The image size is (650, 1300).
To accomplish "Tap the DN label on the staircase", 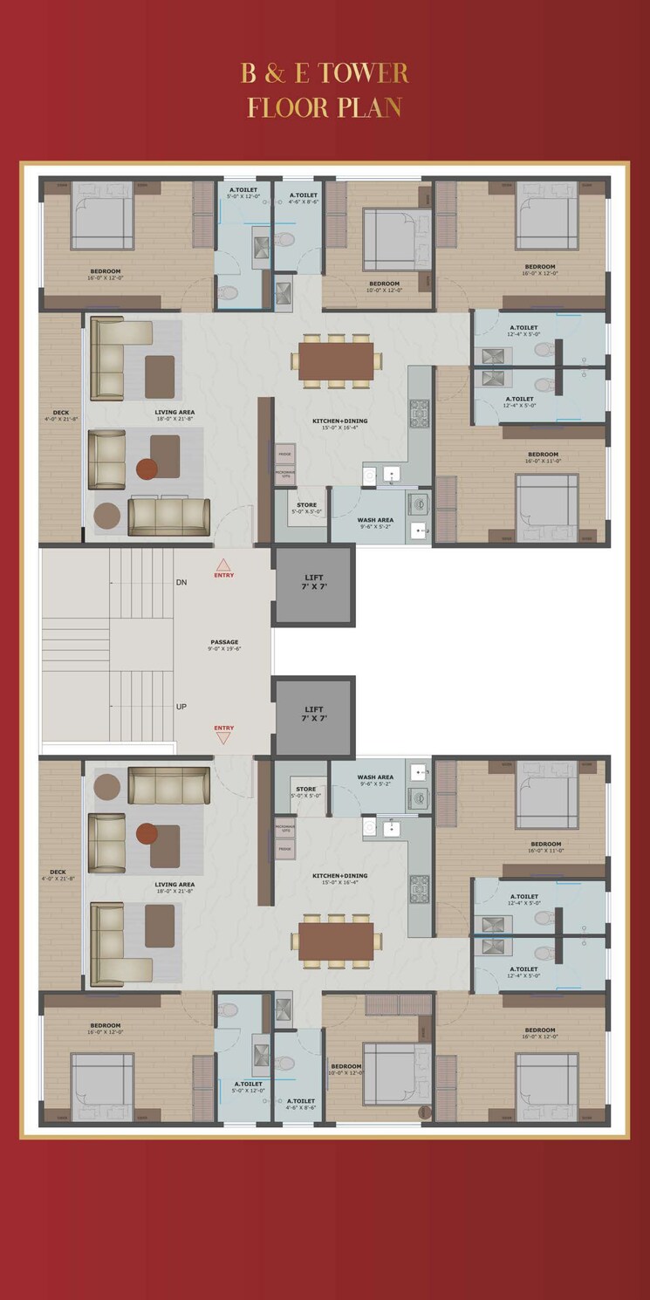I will coord(181,582).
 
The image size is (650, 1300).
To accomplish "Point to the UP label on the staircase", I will coord(181,707).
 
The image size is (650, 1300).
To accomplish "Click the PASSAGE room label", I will coord(224,642).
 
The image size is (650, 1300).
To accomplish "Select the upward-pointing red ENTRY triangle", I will coord(223,564).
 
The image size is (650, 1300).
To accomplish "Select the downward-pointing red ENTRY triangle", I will coord(223,738).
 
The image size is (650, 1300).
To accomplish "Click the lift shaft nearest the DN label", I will coord(315,584).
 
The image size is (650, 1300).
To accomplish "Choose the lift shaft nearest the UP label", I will coord(315,715).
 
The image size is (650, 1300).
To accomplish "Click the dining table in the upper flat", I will coord(336,360).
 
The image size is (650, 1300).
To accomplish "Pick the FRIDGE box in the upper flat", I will coord(284,454).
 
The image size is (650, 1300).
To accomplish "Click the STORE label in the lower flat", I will coord(305,790).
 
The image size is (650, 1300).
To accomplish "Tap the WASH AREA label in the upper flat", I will coord(375,520).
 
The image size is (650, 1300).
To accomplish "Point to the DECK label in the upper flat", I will coord(60,413).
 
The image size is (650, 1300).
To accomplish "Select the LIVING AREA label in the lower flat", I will coord(174,884).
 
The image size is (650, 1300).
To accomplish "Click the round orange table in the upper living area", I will coord(147,469).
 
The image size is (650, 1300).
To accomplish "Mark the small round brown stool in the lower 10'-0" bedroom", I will coord(425,1112).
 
